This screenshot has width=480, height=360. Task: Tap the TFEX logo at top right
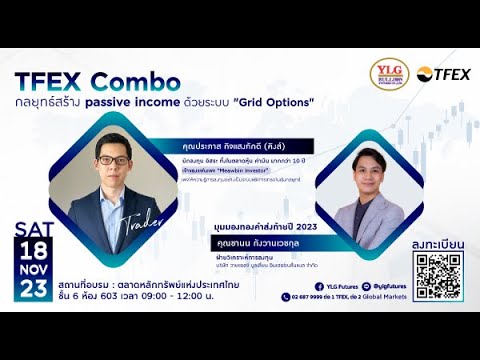click(x=444, y=74)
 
